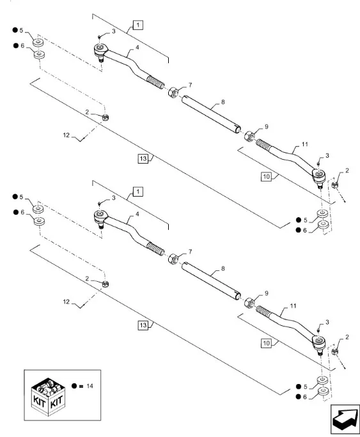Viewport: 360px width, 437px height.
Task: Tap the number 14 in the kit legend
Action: click(90, 386)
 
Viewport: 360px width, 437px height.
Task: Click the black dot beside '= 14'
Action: click(74, 386)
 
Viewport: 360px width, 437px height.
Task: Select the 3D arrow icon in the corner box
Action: click(345, 419)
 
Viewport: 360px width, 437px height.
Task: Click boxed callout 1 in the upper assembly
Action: click(138, 25)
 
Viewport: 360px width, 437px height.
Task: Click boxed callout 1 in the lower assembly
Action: click(138, 192)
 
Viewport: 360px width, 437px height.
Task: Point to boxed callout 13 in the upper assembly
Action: click(143, 158)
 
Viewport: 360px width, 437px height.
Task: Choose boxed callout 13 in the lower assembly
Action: click(143, 325)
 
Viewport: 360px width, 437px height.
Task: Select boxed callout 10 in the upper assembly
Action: click(266, 176)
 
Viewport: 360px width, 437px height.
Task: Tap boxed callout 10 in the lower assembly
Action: click(266, 343)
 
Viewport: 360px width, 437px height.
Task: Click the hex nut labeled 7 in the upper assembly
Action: click(173, 92)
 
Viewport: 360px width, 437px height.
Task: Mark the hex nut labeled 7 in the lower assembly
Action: click(173, 259)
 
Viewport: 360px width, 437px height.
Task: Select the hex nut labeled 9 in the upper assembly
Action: click(249, 136)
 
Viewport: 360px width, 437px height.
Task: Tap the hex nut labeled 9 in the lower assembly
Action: click(249, 303)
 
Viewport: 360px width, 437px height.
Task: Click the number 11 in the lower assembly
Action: click(293, 306)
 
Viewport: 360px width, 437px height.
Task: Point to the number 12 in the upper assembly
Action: click(66, 135)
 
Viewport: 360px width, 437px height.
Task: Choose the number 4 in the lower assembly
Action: click(137, 214)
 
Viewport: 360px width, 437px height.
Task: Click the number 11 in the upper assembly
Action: click(305, 144)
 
